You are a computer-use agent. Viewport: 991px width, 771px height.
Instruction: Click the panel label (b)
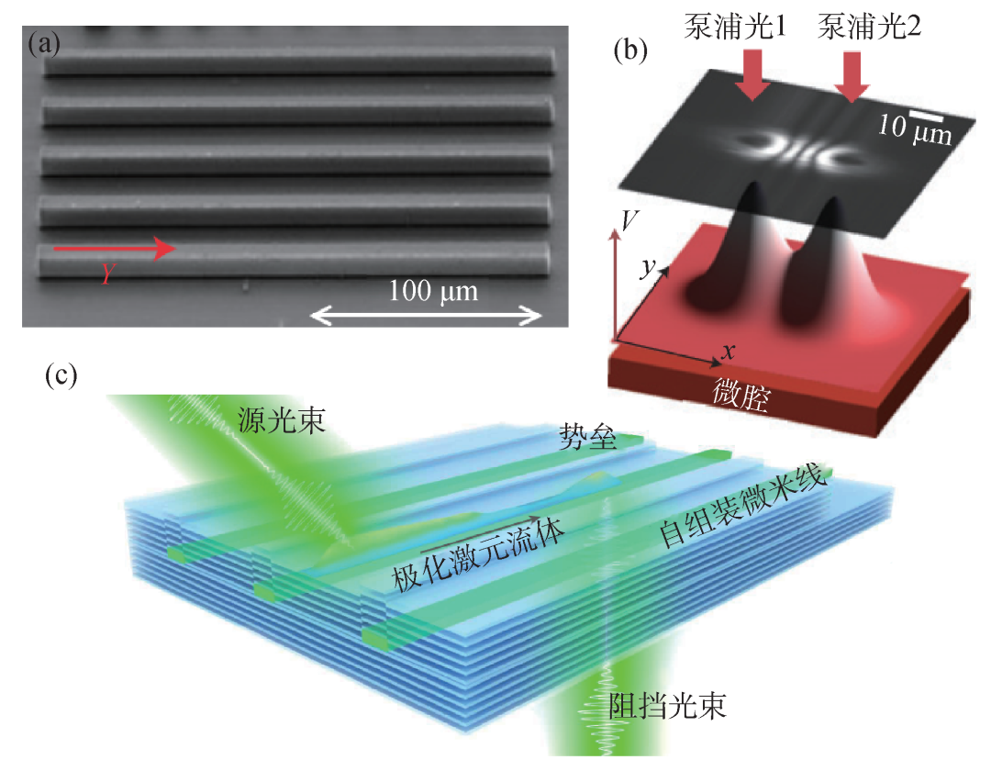point(629,50)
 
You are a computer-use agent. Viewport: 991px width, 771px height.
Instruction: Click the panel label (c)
point(61,375)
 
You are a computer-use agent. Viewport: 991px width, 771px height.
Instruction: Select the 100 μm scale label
point(434,293)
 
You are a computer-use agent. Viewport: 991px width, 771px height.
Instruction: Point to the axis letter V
point(628,219)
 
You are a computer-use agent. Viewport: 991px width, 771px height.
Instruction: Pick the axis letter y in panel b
point(648,267)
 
